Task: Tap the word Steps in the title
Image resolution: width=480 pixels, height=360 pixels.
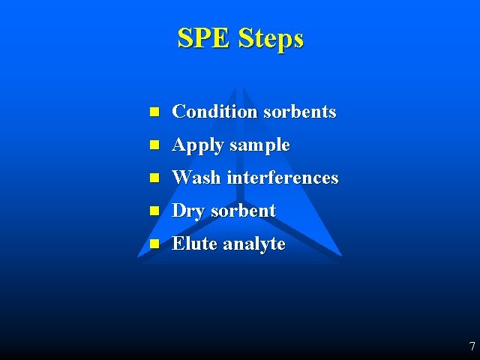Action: (271, 39)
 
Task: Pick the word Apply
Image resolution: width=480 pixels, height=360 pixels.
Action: (198, 145)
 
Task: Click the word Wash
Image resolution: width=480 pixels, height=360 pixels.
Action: (196, 178)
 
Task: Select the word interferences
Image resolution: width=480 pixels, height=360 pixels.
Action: (282, 178)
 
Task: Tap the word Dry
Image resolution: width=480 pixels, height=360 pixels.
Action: (188, 211)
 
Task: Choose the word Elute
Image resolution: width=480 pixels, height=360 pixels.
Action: (194, 244)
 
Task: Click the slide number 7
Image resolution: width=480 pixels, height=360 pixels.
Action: (472, 346)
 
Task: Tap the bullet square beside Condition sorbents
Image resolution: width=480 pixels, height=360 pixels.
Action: (154, 112)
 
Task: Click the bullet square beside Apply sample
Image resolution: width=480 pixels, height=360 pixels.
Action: (154, 145)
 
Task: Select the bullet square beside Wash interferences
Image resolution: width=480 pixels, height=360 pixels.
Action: (154, 178)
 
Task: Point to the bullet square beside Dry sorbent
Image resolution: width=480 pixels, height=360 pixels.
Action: (154, 211)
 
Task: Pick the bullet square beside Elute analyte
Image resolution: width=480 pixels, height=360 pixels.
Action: (154, 244)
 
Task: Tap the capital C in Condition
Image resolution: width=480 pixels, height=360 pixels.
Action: (179, 112)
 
